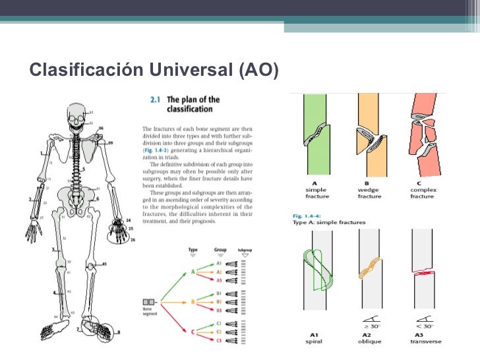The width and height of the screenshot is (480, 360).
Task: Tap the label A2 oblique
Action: (368, 337)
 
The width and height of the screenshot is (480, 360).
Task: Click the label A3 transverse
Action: (425, 337)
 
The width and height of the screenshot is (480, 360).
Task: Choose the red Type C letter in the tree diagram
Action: (192, 333)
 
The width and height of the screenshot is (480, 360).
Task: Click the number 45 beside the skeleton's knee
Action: (104, 264)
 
